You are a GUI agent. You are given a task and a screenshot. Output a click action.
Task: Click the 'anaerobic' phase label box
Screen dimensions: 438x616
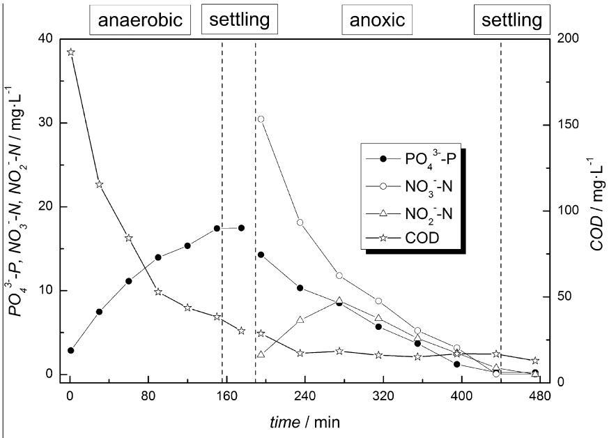140,20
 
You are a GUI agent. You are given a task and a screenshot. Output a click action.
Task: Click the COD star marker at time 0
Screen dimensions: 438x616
70,52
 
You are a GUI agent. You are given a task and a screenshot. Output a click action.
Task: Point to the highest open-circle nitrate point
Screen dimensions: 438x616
261,119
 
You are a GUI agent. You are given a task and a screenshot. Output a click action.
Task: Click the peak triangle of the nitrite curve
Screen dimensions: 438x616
339,301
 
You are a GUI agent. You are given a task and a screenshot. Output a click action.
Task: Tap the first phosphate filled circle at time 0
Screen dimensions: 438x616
70,350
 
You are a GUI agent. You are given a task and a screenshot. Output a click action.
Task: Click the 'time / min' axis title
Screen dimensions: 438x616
305,423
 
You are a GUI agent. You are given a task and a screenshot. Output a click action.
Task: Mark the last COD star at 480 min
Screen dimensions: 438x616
535,361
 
